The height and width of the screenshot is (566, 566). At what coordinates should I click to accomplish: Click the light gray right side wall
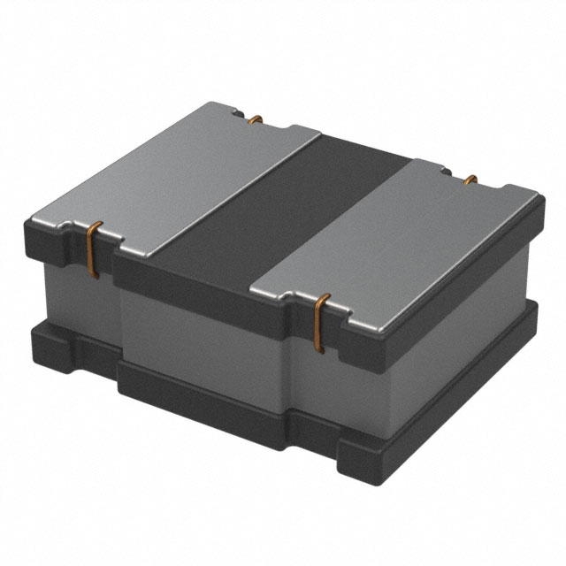451,327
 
